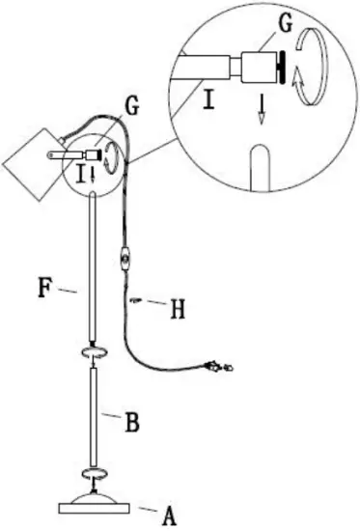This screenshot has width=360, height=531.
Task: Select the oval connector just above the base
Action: pos(92,474)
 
